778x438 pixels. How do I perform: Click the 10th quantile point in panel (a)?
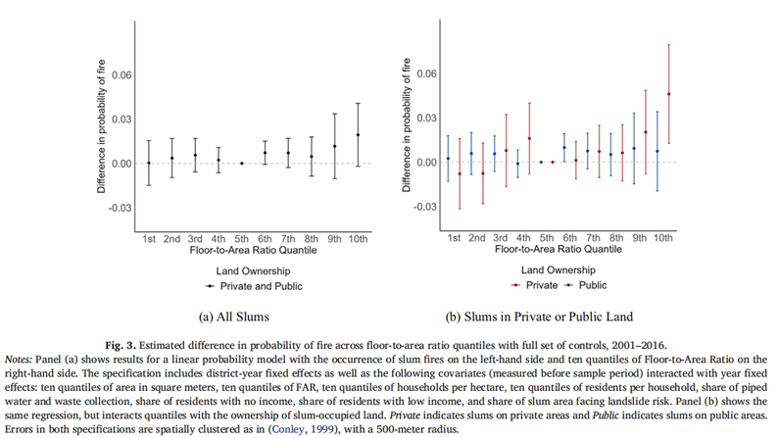358,134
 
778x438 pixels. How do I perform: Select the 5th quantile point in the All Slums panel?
242,164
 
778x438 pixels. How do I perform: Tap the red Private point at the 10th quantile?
669,94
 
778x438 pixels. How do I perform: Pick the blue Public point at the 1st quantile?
448,159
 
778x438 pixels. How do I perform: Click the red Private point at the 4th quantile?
529,138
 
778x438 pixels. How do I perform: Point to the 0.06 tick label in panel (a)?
122,74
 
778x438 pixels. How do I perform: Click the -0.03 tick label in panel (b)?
425,207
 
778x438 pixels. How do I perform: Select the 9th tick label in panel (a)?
334,239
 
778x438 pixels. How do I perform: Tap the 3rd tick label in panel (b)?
500,238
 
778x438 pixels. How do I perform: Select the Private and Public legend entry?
255,286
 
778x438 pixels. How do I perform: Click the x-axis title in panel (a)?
253,250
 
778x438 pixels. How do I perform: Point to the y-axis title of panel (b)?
407,125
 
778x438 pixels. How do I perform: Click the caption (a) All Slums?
234,316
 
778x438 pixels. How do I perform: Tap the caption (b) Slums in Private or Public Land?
539,316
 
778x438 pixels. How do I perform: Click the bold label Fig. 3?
121,345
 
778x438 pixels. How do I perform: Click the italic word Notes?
19,360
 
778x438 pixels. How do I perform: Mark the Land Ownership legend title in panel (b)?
559,270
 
